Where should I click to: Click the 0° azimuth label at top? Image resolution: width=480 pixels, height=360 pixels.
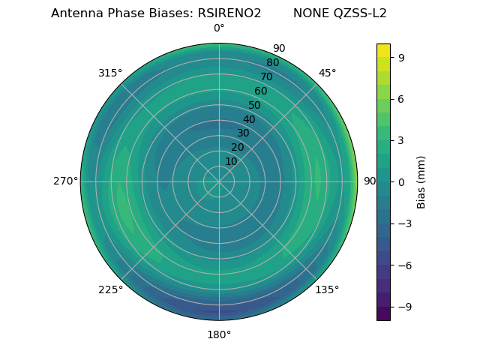pos(219,28)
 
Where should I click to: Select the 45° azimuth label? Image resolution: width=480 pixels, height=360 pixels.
pos(327,73)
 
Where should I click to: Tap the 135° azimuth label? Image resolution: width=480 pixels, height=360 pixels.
pos(327,289)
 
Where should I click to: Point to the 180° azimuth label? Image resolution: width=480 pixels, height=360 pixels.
pos(219,334)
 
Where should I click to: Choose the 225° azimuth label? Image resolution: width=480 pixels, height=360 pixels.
pos(110,289)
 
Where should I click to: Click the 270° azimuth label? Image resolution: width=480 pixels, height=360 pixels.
pos(65,181)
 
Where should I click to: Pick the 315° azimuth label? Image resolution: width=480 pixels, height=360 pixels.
pos(110,73)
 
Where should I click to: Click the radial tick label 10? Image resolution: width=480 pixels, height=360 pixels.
pos(231,161)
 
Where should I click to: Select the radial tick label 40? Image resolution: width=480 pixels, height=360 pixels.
pos(249,119)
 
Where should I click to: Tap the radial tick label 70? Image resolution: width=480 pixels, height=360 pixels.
pos(266,76)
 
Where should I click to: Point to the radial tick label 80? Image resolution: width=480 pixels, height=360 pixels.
pos(272,63)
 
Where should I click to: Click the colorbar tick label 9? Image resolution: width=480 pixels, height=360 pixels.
pos(400,57)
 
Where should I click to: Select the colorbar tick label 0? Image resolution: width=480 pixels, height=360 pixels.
pos(400,181)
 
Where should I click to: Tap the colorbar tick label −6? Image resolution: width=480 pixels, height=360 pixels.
pos(403,265)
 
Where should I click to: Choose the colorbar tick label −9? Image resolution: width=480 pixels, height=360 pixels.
pos(403,307)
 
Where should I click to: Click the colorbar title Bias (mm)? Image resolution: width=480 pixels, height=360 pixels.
pos(421,181)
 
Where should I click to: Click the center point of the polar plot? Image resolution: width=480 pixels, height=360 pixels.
pos(219,181)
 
